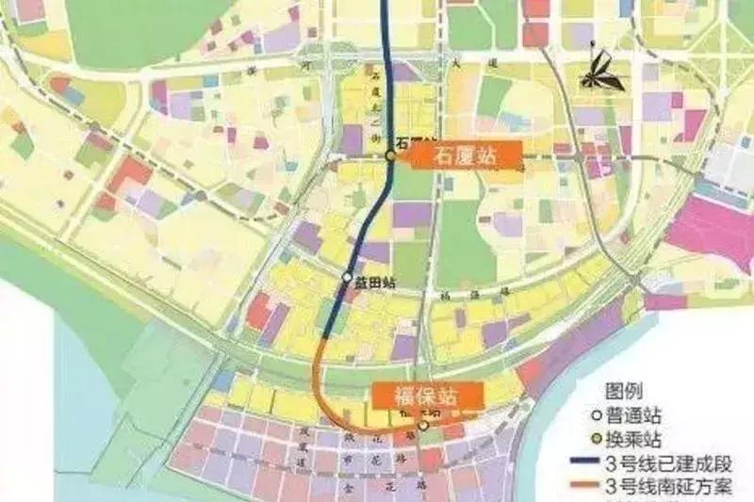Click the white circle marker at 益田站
point(347,278)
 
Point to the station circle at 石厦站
point(390,155)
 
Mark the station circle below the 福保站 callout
point(423,426)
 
